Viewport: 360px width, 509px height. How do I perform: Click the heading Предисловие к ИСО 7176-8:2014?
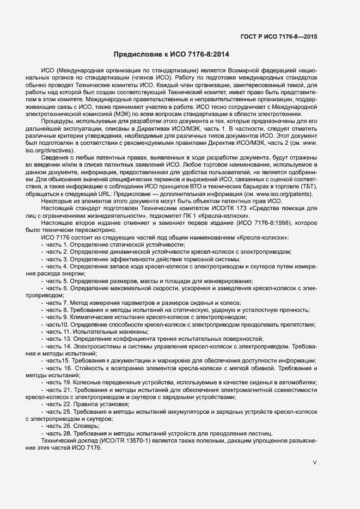(172, 55)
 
